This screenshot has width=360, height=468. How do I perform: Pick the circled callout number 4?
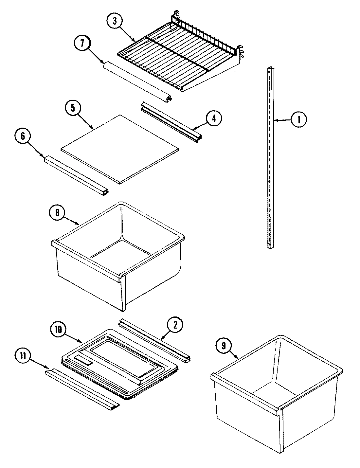tap(213, 119)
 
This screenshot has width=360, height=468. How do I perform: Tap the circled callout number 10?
tap(58, 329)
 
